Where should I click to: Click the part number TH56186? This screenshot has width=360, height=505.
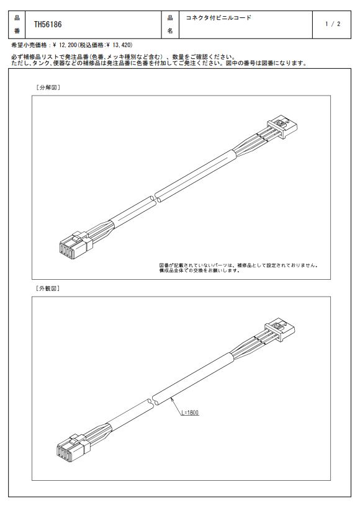(x=48, y=24)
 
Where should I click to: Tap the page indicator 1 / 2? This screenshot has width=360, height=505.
(x=333, y=24)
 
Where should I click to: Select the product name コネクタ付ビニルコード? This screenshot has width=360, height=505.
(x=218, y=18)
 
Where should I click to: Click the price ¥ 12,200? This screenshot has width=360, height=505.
(x=65, y=45)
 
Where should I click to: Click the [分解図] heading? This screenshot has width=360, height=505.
(x=48, y=87)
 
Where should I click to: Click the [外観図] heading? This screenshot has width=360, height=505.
(x=48, y=288)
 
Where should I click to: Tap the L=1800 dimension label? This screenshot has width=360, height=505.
(x=190, y=412)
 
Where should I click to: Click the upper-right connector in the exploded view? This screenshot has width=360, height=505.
(x=282, y=127)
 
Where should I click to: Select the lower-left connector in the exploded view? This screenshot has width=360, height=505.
(x=76, y=245)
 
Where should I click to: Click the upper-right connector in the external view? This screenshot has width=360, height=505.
(x=280, y=329)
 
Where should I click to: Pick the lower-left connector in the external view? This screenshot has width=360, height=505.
(x=73, y=448)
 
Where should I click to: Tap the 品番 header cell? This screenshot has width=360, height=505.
(x=17, y=24)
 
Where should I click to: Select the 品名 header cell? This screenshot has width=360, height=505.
(x=170, y=24)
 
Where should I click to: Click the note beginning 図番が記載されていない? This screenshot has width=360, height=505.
(x=239, y=268)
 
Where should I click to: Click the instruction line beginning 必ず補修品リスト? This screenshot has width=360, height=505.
(x=123, y=57)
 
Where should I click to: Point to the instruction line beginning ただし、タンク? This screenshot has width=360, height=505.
(x=160, y=63)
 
